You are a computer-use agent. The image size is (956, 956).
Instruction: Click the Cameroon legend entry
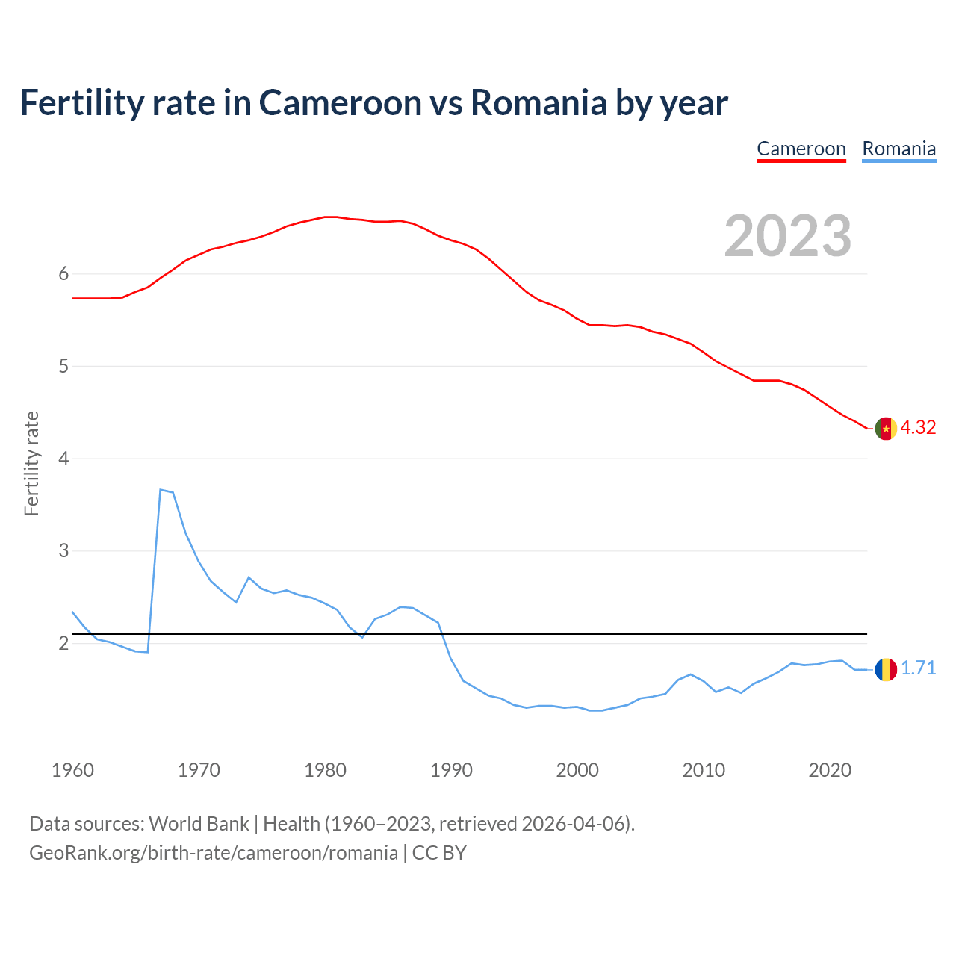(801, 149)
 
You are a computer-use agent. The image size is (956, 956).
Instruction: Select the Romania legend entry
(898, 149)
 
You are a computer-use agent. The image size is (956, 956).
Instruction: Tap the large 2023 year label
(788, 236)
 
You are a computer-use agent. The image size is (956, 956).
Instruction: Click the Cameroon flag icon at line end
(886, 429)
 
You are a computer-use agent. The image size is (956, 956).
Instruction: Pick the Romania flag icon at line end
(886, 669)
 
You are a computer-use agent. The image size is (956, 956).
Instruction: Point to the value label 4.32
(918, 428)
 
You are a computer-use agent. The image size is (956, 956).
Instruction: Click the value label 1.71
(918, 668)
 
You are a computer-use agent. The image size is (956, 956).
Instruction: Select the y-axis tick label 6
(63, 274)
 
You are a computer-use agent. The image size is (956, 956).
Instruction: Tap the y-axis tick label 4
(63, 459)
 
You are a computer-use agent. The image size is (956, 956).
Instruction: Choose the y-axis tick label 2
(63, 643)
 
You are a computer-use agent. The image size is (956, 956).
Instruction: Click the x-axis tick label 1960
(72, 770)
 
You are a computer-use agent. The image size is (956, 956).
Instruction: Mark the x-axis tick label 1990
(451, 770)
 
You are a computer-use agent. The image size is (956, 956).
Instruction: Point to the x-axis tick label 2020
(830, 770)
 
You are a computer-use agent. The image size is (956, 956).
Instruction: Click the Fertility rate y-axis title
(31, 463)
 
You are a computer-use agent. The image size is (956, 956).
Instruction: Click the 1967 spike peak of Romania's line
(161, 490)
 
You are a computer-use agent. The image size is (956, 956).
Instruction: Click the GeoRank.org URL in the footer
(213, 853)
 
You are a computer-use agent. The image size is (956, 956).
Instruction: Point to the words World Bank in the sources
(199, 824)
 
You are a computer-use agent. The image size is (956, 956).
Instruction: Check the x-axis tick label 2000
(577, 770)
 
